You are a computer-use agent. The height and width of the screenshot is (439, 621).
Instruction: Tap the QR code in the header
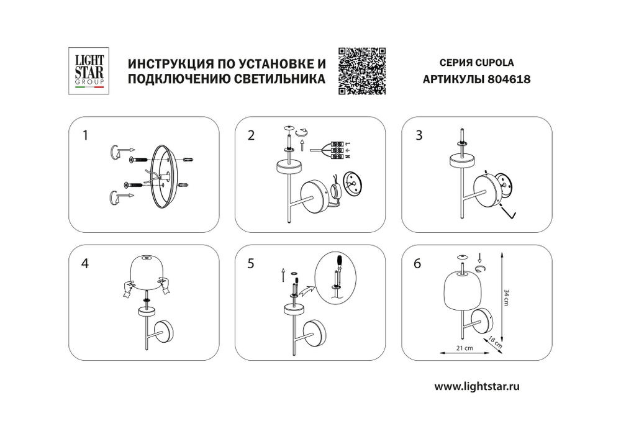pyautogui.click(x=362, y=71)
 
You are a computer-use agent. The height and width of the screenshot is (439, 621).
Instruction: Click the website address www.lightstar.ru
pyautogui.click(x=476, y=386)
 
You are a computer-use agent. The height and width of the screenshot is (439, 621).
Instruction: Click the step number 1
pyautogui.click(x=86, y=135)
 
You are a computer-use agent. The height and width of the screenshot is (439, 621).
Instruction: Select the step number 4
pyautogui.click(x=85, y=263)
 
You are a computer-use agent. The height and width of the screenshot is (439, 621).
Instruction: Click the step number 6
pyautogui.click(x=418, y=263)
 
